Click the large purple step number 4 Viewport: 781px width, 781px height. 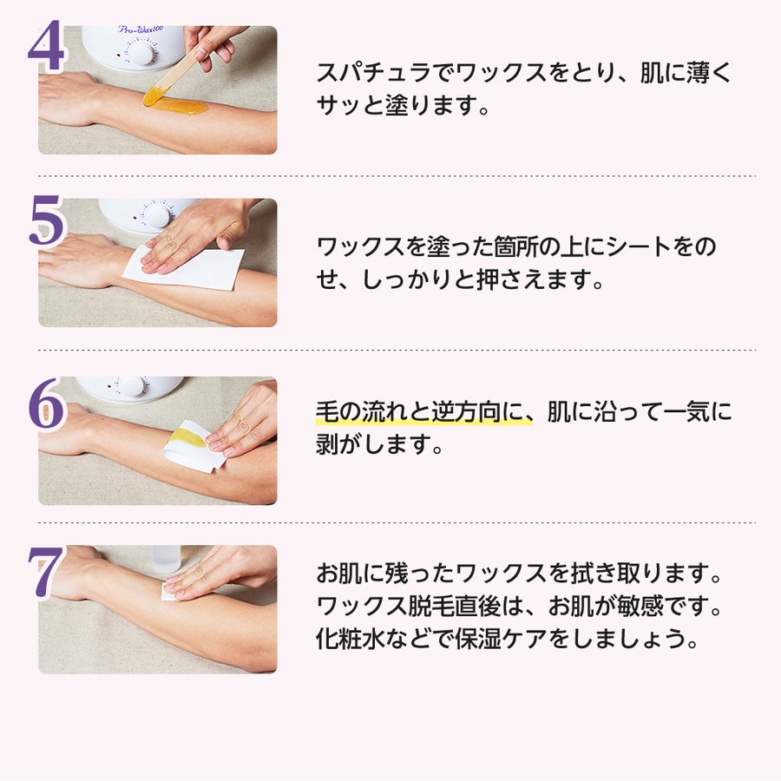pos(46,46)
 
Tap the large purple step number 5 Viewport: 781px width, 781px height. pos(46,220)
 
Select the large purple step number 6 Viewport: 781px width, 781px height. pos(46,404)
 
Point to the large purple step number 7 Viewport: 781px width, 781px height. pos(46,572)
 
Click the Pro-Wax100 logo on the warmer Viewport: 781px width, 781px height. pos(141,30)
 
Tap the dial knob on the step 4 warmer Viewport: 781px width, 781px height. pos(143,52)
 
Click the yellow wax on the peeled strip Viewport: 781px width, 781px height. pos(187,437)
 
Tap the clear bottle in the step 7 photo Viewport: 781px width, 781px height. pos(167,559)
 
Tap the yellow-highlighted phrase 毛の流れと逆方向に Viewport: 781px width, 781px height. pos(424,412)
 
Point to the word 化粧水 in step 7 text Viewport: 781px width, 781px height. pos(351,639)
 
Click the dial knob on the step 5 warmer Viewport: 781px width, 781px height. pos(157,215)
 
